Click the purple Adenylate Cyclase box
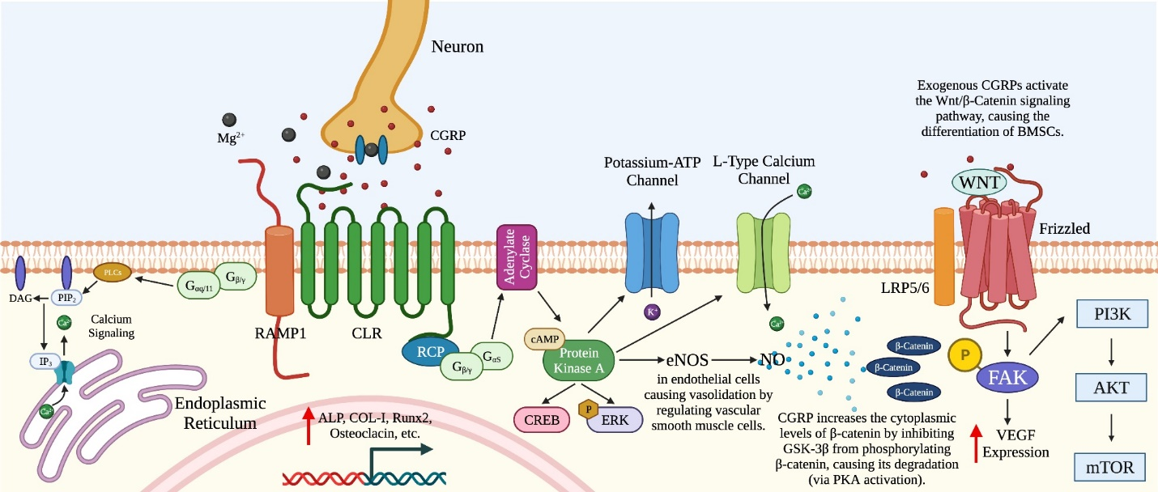[x=517, y=257]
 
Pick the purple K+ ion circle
[x=651, y=311]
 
